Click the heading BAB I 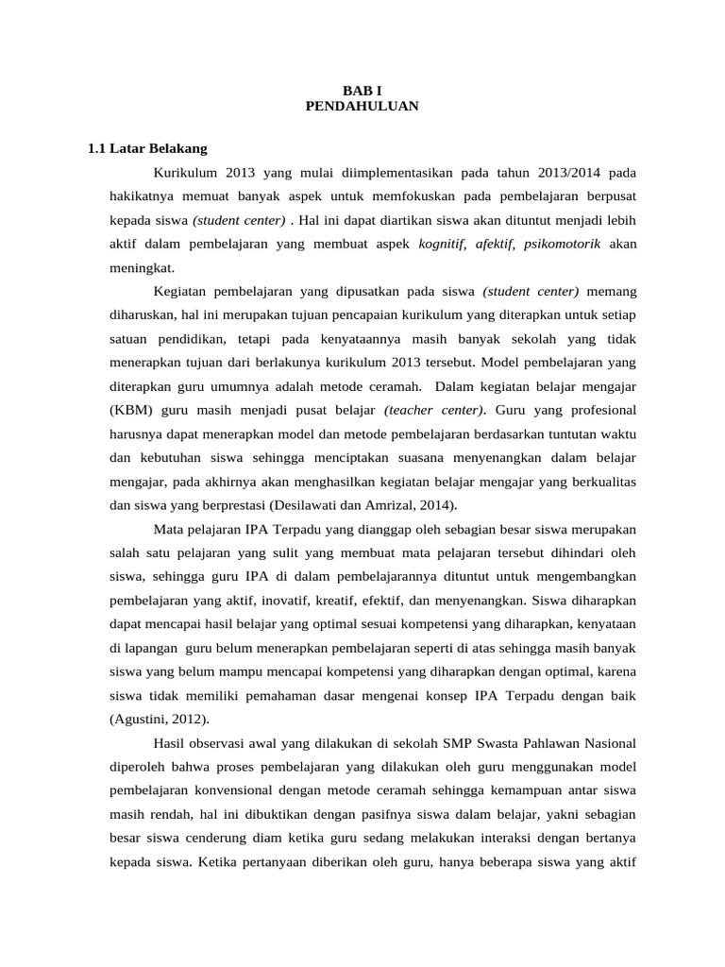click(362, 90)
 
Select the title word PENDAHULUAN click(362, 106)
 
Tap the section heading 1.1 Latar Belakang click(147, 148)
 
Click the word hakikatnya click(142, 196)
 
